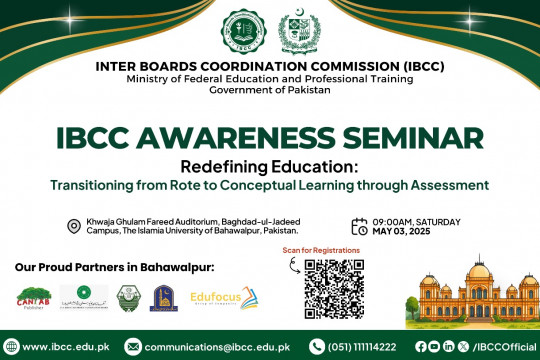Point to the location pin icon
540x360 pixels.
coord(73,226)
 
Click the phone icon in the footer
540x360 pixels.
coord(317,346)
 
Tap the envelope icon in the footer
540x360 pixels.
coord(133,346)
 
